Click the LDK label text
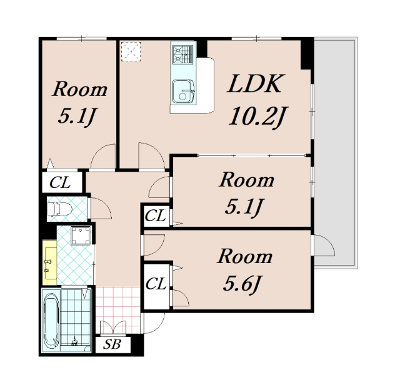tap(256, 83)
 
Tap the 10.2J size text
tap(258, 117)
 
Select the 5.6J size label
tap(242, 284)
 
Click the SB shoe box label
tap(112, 344)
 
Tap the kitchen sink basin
tap(183, 91)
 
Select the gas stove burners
tap(182, 54)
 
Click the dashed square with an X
tap(131, 51)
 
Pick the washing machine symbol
tap(81, 236)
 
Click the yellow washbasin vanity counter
tap(49, 262)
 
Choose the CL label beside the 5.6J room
tap(156, 284)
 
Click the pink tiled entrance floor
tap(118, 310)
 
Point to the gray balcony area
tap(334, 153)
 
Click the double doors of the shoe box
tap(113, 328)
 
